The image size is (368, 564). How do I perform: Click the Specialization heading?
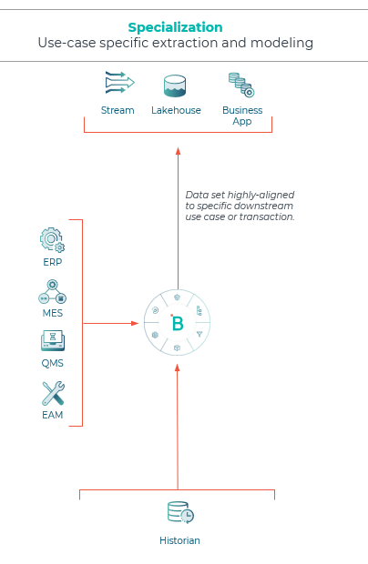[176, 27]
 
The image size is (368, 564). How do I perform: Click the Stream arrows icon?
[119, 83]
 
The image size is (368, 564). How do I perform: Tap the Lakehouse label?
[176, 110]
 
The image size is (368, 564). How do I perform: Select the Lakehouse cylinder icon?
[175, 86]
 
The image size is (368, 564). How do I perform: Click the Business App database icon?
[241, 85]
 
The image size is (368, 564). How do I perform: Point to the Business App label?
[242, 116]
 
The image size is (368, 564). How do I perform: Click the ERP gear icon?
[52, 239]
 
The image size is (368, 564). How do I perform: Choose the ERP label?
[53, 262]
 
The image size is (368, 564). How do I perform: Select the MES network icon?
[53, 292]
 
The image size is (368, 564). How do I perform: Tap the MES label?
[53, 313]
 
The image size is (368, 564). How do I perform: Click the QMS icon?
[53, 340]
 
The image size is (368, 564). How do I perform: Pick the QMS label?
[53, 363]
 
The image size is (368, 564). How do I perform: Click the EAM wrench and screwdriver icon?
[53, 394]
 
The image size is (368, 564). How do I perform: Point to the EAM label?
[53, 415]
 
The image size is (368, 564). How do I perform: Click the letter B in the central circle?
[178, 323]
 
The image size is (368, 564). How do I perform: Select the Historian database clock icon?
[180, 512]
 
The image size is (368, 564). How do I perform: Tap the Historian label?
[179, 540]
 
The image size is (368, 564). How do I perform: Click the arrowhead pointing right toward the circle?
[135, 323]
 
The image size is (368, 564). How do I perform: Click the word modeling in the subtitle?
[281, 43]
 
